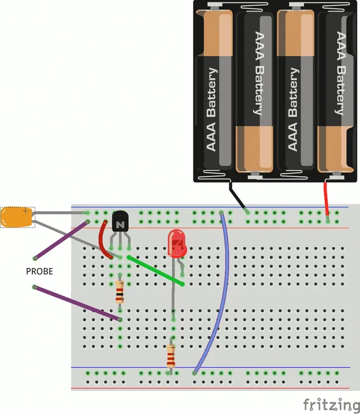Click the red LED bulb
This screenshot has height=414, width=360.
coord(177,243)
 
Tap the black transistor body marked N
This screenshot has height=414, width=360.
coord(120,221)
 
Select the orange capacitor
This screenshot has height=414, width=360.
coord(16,217)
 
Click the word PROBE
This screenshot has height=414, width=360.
coord(40,271)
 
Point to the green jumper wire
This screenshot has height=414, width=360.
coord(156,270)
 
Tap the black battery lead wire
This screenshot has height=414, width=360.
coord(238,196)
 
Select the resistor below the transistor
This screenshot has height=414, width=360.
coord(120,292)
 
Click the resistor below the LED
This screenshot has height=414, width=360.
coord(171,356)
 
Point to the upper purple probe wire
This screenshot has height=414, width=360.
coord(61,240)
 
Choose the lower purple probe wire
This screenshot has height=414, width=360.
coord(77,303)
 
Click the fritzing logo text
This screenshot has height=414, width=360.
coord(331,404)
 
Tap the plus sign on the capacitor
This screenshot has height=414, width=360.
coord(26,211)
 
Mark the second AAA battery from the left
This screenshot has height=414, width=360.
coord(254,93)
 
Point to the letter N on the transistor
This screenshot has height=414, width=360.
coord(120,225)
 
